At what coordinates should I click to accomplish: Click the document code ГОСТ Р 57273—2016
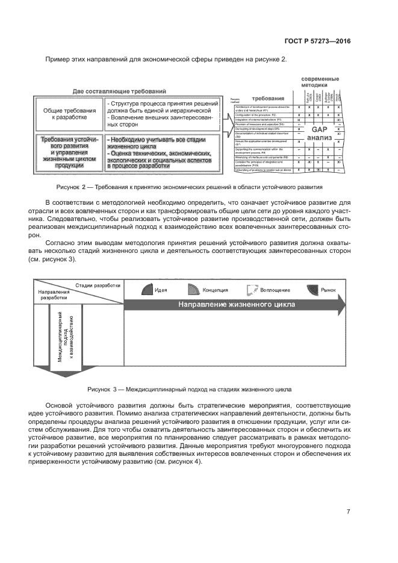tap(317, 41)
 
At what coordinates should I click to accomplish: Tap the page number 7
tap(348, 512)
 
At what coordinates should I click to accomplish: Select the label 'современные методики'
tap(320, 82)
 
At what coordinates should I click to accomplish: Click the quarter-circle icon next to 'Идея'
tap(147, 290)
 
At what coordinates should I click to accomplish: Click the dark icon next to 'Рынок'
tap(312, 290)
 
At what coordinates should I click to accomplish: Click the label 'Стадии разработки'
tap(98, 285)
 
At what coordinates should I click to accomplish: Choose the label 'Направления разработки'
tap(54, 294)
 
